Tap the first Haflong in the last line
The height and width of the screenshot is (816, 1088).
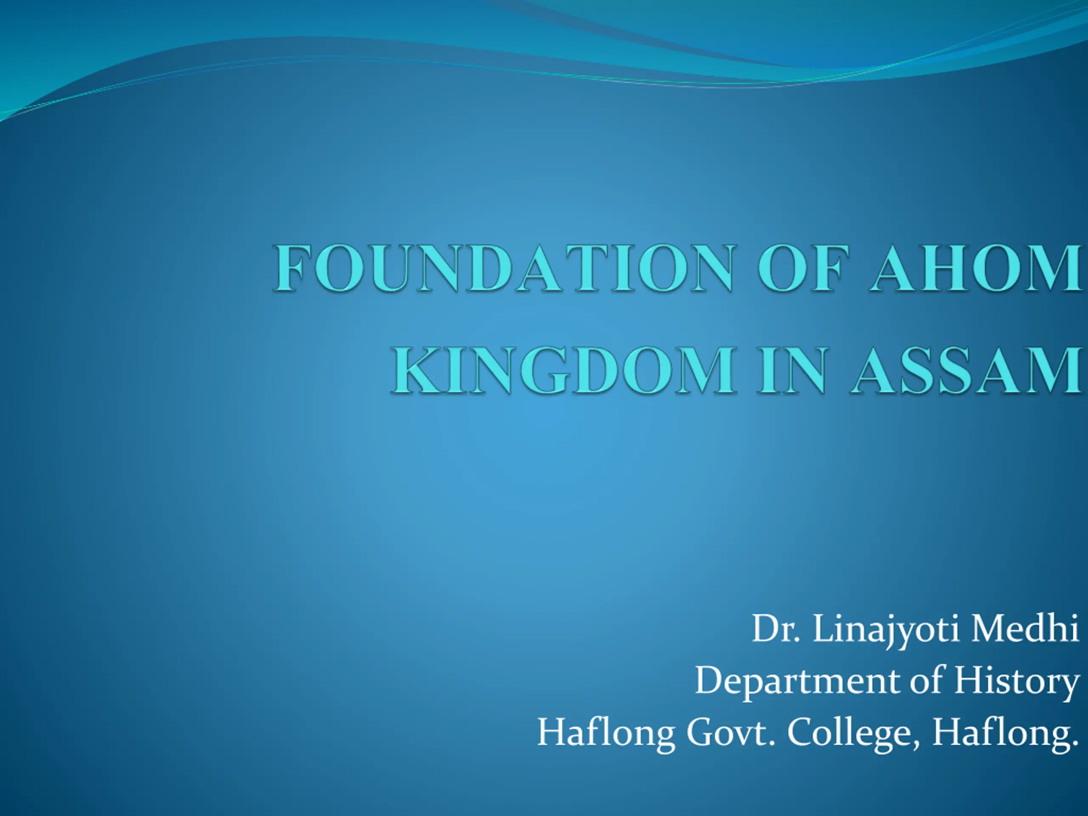[606, 734]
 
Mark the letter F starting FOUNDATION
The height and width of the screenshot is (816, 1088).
[289, 268]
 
